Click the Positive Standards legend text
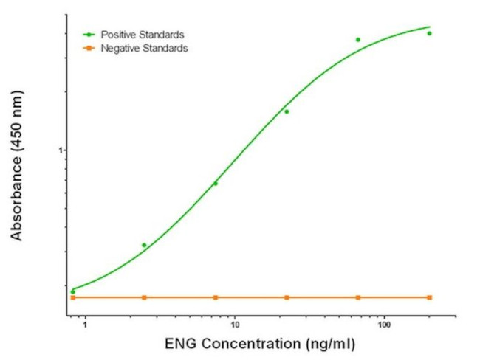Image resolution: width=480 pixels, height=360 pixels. click(x=143, y=35)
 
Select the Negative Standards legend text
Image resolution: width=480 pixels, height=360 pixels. click(x=145, y=48)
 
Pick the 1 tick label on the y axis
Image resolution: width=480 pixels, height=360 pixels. click(x=63, y=150)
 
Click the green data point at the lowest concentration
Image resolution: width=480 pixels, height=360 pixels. click(x=72, y=291)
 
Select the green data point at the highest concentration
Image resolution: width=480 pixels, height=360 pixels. click(x=429, y=33)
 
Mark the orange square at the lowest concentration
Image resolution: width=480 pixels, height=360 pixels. click(x=72, y=297)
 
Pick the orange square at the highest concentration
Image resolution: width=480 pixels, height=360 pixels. click(x=429, y=297)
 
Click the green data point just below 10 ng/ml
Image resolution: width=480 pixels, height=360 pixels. click(x=216, y=183)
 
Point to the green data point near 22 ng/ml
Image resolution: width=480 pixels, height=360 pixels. click(x=287, y=111)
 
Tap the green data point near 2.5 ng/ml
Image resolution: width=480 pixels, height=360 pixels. click(x=144, y=245)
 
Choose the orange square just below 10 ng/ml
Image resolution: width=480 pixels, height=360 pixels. click(x=216, y=297)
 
